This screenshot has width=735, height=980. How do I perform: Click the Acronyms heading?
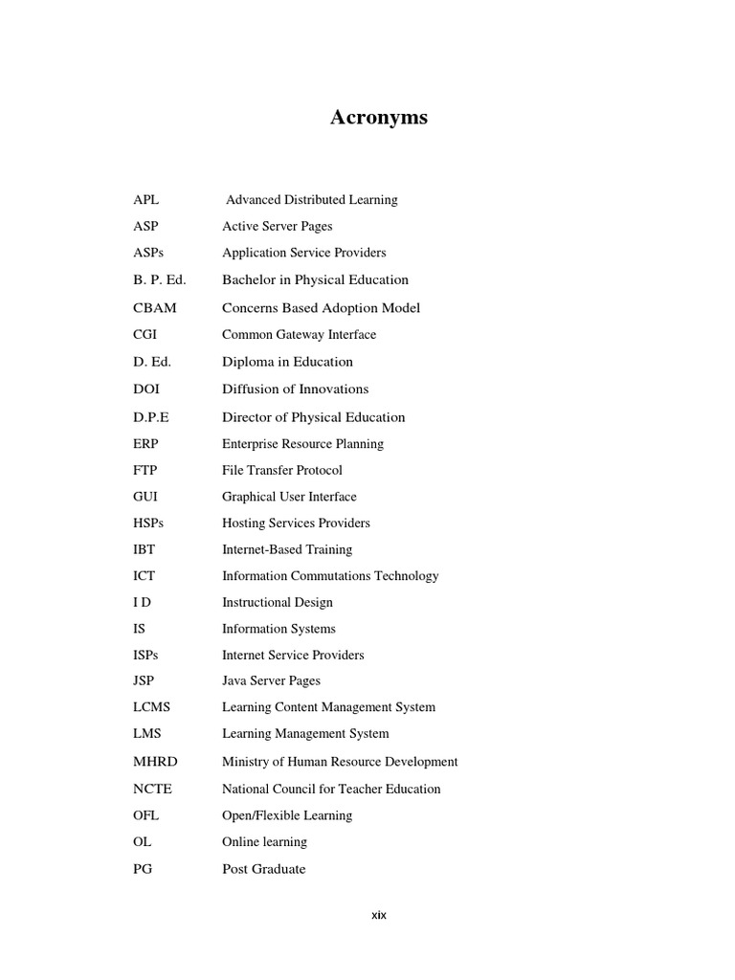tap(379, 118)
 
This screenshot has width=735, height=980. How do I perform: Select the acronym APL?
tap(146, 200)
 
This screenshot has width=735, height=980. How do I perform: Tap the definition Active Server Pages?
tap(278, 227)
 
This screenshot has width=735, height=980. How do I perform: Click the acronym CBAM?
tap(155, 308)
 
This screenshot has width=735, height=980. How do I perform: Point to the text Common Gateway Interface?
tap(299, 335)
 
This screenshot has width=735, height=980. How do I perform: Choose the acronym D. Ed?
tap(152, 362)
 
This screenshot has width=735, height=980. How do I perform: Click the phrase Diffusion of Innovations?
tap(295, 390)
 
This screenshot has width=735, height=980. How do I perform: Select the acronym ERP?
tap(147, 444)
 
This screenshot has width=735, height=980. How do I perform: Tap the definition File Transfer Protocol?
tap(281, 471)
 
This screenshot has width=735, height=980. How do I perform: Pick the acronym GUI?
tap(146, 497)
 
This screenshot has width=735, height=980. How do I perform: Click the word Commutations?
tap(340, 576)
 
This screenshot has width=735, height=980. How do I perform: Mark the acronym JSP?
tap(145, 681)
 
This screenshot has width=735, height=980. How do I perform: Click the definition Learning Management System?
tap(305, 734)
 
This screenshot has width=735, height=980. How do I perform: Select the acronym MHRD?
tap(155, 762)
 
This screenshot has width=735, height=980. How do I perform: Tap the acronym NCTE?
tap(153, 790)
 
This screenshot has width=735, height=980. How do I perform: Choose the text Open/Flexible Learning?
tap(287, 815)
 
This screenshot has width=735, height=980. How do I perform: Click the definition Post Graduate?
tap(264, 869)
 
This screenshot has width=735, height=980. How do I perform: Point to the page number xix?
tap(379, 915)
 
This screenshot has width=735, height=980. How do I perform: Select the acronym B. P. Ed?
tap(160, 280)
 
